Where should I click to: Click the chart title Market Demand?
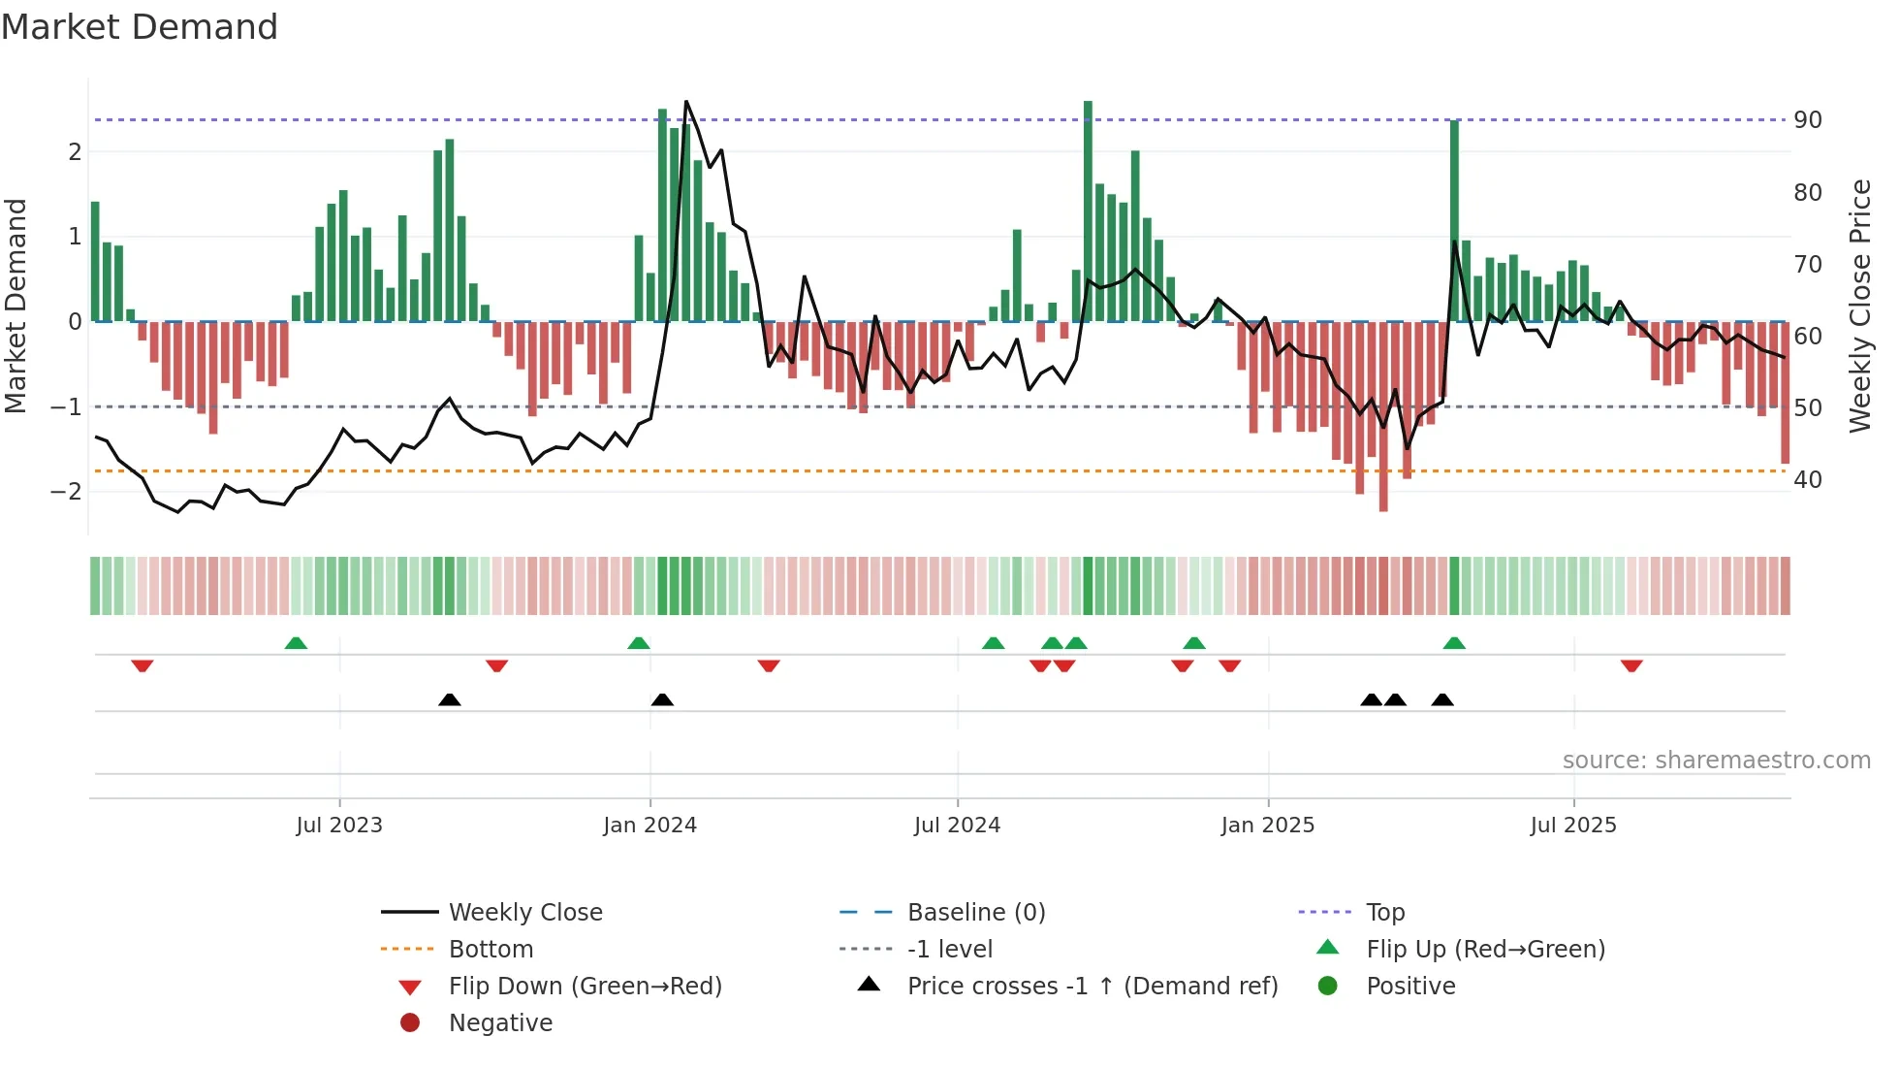coord(140,26)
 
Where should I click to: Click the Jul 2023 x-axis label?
coord(339,826)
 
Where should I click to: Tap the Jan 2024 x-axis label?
coord(649,826)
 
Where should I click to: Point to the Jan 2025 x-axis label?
coord(1267,826)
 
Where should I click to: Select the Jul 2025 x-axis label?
coord(1573,826)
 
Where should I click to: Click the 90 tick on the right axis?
coord(1807,120)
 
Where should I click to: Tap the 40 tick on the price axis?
coord(1807,479)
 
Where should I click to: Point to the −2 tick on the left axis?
coord(66,491)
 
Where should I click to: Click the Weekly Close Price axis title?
coord(1859,306)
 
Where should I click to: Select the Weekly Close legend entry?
coord(524,913)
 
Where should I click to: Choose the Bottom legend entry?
coord(491,950)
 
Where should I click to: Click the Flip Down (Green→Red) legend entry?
coord(585,987)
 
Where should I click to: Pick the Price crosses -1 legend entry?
coord(1092,987)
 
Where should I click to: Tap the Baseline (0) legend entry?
coord(975,913)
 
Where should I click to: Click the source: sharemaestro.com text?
coord(1716,761)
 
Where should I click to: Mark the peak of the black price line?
coord(686,102)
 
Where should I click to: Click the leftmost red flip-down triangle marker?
coord(142,666)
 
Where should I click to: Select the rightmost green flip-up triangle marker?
coord(1454,643)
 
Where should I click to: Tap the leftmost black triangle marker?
coord(450,699)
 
